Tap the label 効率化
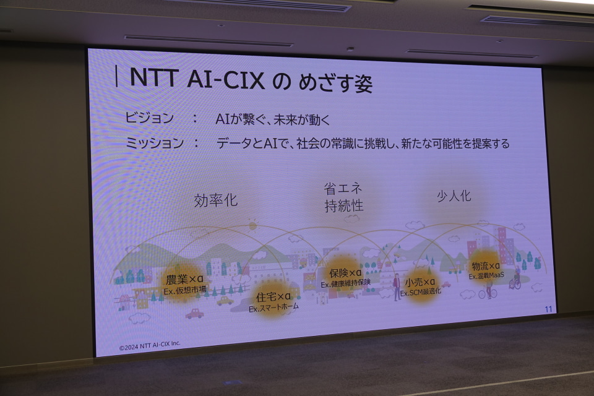215,200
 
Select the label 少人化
454,196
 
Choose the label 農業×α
185,279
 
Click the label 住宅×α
273,296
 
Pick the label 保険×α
345,273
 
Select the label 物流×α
486,265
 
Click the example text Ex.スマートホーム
273,308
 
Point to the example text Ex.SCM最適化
421,293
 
